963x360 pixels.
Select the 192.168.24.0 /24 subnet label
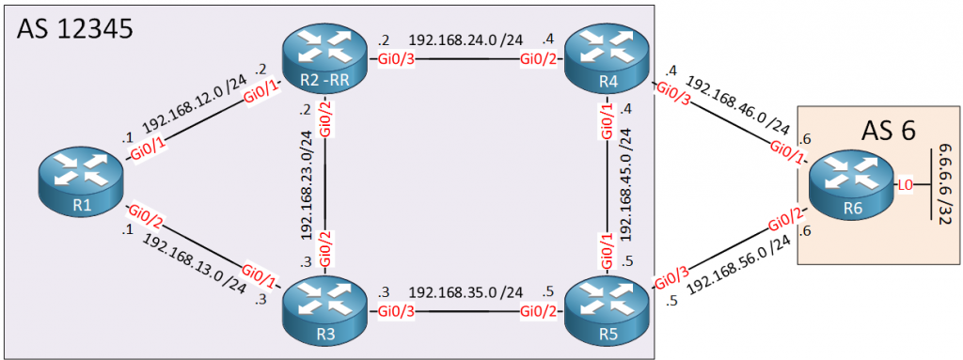466,42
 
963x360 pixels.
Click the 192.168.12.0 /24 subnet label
193,113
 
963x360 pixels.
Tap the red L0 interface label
904,185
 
